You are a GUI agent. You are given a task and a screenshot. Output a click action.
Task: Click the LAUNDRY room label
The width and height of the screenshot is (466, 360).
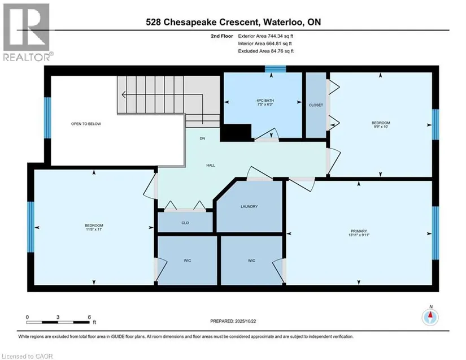coord(249,206)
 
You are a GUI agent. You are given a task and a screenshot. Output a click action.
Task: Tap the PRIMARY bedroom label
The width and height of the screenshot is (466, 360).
coord(359,231)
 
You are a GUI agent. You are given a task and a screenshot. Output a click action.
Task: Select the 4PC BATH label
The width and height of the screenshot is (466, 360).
coord(265,101)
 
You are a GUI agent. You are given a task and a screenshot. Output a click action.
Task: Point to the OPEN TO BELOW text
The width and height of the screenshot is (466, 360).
coord(86,124)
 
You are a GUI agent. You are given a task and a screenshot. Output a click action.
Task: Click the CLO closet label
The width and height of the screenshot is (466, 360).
coord(185,223)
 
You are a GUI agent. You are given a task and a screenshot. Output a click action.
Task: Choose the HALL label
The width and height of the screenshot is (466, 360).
coord(211,165)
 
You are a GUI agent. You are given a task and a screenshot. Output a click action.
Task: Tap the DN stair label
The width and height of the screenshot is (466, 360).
coord(202,138)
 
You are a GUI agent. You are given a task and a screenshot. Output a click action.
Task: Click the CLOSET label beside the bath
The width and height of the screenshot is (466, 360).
coord(316,105)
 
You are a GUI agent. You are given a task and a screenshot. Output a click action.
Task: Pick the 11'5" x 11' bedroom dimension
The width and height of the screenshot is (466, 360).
coord(94,229)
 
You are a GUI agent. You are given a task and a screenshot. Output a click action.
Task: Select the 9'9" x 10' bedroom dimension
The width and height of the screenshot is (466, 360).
coord(381,127)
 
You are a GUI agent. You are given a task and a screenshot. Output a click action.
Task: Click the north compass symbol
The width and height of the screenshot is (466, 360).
coord(430,317)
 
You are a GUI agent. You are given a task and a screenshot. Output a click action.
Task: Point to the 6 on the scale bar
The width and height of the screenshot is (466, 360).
coord(89,317)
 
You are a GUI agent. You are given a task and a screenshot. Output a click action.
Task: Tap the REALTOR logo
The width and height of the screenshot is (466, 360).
coord(27,32)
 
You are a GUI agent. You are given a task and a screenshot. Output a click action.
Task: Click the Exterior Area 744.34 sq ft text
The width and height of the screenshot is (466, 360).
coord(265,36)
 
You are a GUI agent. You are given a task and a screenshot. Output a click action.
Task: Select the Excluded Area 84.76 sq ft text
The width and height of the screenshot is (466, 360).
coord(265,51)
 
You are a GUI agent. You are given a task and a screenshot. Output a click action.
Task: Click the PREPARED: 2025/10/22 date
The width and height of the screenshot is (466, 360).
coord(233,321)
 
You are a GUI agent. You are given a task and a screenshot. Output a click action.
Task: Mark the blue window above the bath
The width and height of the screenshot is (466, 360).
coord(276,69)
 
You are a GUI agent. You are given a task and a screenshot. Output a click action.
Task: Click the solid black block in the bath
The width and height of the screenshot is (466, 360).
coord(236,133)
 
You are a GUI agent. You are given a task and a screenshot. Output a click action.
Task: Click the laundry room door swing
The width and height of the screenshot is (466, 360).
coord(259,173)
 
